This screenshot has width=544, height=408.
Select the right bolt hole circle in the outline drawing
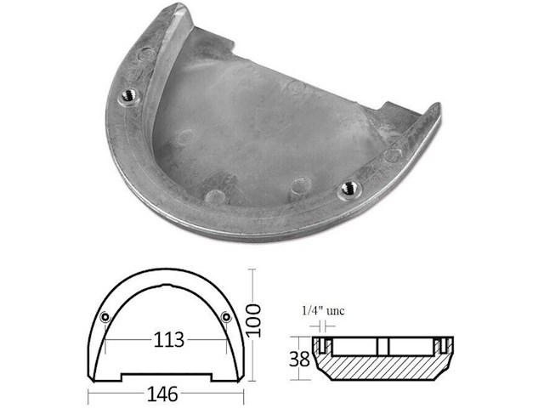[x=225, y=317]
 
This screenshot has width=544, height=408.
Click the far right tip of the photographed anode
[x=438, y=109]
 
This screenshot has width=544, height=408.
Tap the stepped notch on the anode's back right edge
[x=393, y=110]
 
